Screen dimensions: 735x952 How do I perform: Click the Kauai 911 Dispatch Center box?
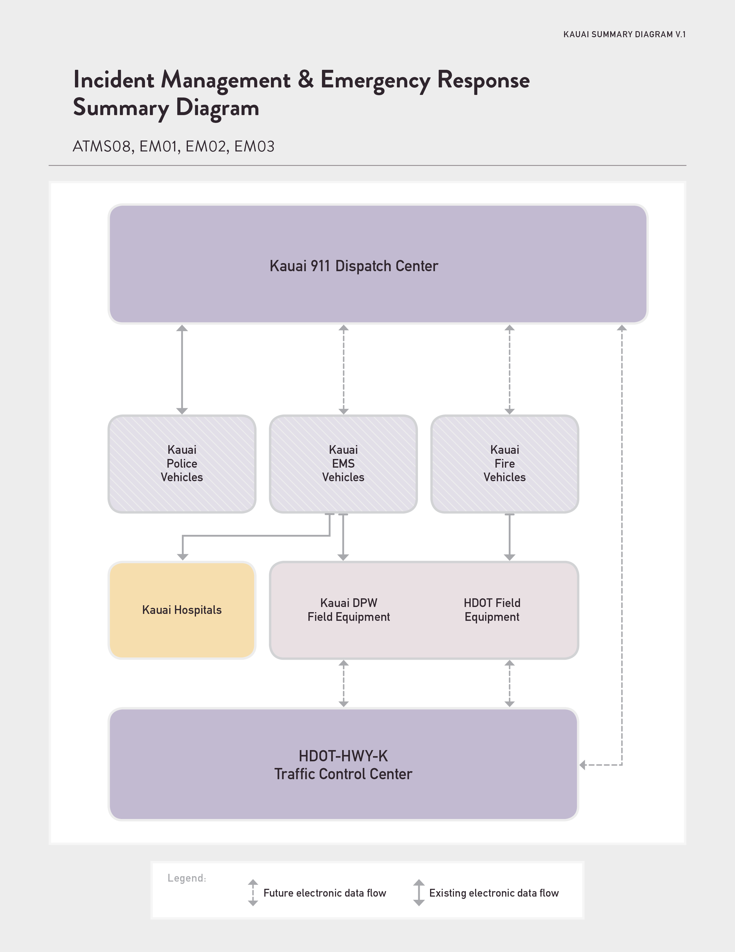[x=378, y=264]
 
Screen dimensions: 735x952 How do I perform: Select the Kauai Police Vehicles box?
[x=182, y=464]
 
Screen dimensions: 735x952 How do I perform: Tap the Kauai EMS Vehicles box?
[x=344, y=464]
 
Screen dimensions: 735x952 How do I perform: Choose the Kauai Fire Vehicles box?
[x=505, y=464]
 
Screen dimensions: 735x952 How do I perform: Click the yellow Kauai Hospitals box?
[x=182, y=610]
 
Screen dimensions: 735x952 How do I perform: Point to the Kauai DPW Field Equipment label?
[x=349, y=610]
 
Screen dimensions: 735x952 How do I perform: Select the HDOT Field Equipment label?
[x=492, y=610]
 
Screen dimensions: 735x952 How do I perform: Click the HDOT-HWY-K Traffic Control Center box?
[x=344, y=764]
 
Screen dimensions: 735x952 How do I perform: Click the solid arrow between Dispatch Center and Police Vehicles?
[x=182, y=370]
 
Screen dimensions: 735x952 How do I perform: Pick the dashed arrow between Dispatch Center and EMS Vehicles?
[x=344, y=370]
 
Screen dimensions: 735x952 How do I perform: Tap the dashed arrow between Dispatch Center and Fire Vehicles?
[x=509, y=370]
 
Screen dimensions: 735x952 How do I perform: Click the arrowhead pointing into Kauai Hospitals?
[x=183, y=557]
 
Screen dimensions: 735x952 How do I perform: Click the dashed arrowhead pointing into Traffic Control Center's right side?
[x=583, y=764]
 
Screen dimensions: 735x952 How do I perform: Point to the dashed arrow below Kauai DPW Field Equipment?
[x=344, y=683]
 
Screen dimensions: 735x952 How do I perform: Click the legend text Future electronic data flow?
[x=325, y=893]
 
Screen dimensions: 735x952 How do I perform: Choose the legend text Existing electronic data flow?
[x=494, y=893]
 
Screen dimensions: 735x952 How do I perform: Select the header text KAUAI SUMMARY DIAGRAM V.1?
[x=624, y=34]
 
